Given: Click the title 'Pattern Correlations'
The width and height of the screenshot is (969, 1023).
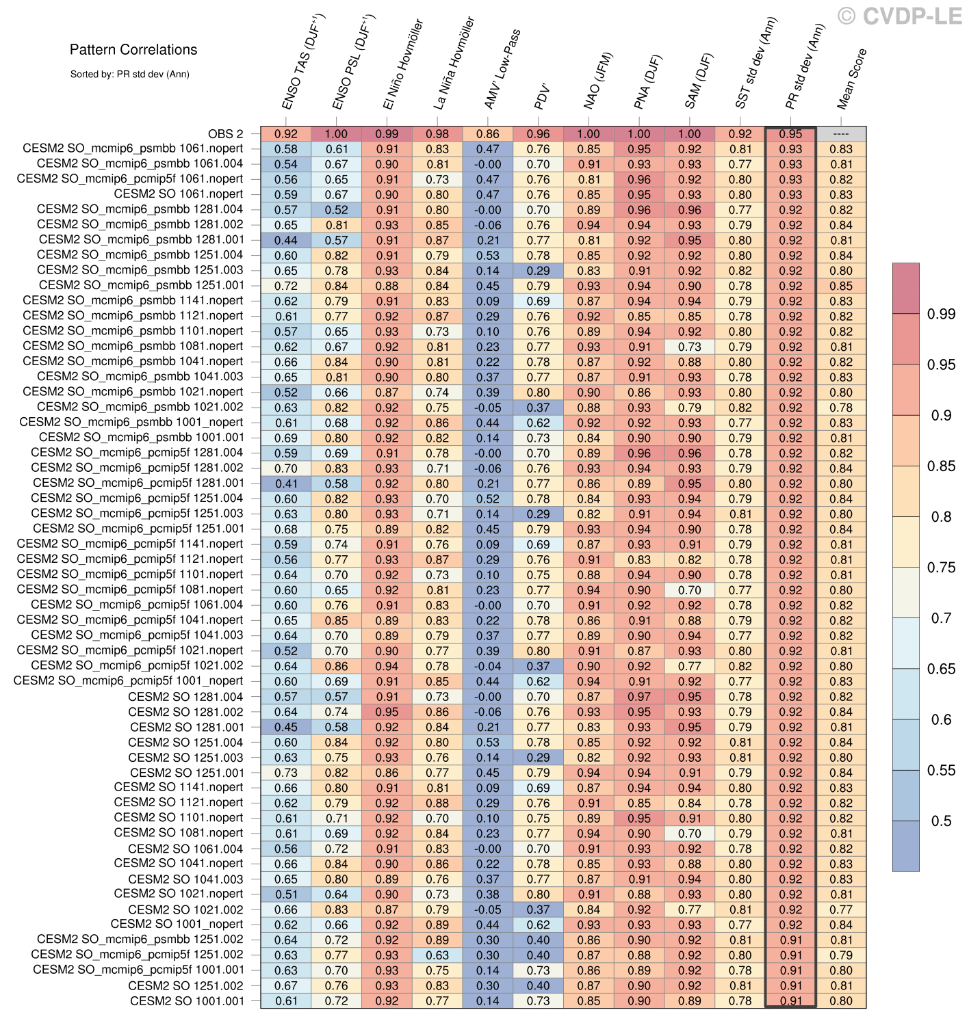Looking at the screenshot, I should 133,49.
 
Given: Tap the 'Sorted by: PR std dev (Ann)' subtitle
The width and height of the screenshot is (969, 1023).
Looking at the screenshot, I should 129,74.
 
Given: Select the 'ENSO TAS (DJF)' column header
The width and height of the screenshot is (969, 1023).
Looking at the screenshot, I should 303,63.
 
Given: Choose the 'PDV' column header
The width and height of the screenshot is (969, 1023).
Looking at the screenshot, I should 542,96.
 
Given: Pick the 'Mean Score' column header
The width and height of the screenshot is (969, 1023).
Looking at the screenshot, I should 851,79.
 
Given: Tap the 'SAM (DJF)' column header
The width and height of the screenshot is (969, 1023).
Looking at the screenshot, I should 698,81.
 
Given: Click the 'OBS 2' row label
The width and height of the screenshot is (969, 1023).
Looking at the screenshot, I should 225,134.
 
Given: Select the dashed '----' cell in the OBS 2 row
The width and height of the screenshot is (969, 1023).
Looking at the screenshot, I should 841,134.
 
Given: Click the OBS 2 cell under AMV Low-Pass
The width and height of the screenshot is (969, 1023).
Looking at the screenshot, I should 488,134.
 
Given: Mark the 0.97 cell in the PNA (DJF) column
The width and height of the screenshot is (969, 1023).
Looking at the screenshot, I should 639,697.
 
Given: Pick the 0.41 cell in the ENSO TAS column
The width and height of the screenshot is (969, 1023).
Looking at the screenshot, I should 286,483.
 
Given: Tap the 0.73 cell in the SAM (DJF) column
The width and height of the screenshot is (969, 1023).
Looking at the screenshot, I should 690,347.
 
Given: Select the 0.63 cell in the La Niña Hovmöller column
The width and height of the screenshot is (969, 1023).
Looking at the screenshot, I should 437,955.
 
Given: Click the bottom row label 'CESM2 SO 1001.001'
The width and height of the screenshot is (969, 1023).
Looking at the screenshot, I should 186,1000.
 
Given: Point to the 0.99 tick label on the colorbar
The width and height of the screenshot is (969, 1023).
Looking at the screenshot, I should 941,314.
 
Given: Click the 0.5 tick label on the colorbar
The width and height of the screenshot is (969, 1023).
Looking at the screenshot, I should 941,821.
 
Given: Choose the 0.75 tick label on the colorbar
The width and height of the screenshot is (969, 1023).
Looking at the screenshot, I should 941,567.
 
